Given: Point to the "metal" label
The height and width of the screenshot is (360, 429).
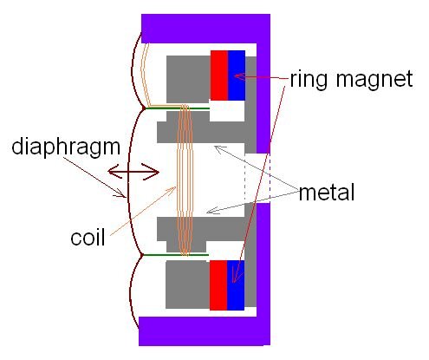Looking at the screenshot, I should point(328,193).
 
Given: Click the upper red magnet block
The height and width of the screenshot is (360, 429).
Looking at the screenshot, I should point(218,75).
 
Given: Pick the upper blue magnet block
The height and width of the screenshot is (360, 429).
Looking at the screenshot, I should point(237,75).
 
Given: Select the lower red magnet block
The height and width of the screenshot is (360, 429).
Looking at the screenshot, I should point(218,284).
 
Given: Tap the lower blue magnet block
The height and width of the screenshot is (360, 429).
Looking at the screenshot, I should point(237,284).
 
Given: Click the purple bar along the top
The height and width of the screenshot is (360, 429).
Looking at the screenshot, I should point(205,27).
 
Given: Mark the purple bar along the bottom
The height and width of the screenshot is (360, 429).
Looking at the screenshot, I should point(205,332).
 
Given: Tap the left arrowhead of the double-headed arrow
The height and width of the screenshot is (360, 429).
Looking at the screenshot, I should point(114,173).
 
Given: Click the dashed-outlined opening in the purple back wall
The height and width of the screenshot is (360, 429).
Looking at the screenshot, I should point(258,180).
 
